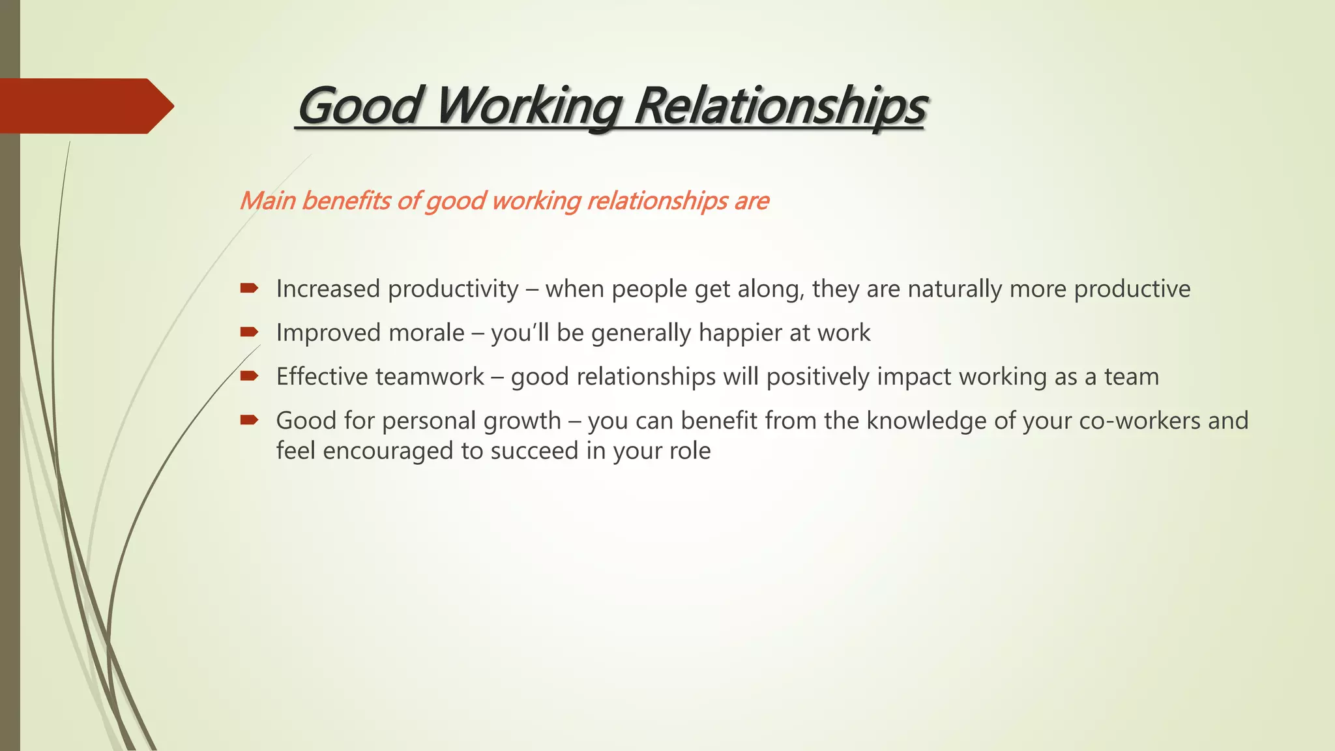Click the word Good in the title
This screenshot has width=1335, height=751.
(x=359, y=106)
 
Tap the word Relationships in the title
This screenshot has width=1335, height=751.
(x=780, y=106)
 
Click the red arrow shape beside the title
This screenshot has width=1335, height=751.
(x=85, y=106)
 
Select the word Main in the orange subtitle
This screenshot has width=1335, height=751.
(x=267, y=201)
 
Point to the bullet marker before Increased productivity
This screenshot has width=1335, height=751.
(x=249, y=288)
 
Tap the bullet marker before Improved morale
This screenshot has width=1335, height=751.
(x=249, y=332)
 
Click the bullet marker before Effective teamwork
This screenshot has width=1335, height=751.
(x=249, y=375)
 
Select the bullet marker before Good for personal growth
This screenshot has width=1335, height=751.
(x=249, y=420)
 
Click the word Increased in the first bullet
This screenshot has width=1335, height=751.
(x=328, y=289)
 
